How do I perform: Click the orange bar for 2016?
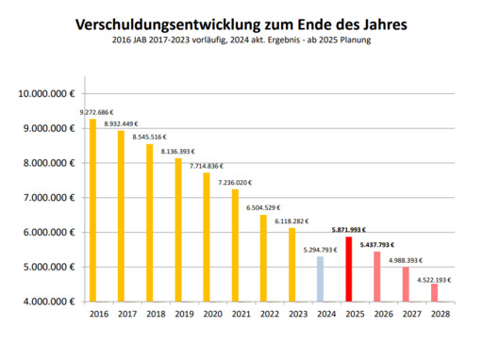92,209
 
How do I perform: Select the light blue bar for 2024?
320,279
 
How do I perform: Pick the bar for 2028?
434,292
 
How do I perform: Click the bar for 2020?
207,237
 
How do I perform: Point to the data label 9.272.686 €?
109,112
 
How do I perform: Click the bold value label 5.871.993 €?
349,229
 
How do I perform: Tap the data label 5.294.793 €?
321,250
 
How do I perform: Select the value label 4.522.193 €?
435,279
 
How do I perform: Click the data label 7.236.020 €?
235,182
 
